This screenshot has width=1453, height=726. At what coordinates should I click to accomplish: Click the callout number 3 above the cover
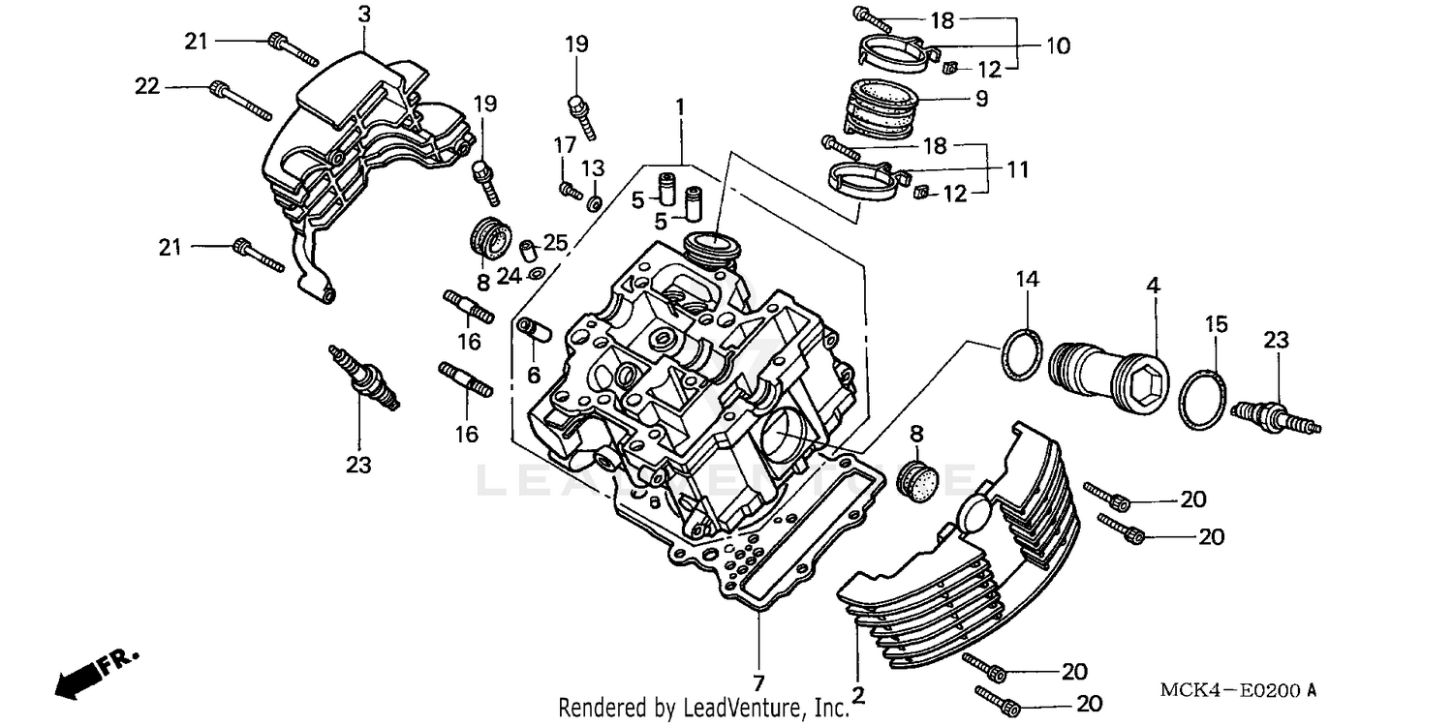[364, 14]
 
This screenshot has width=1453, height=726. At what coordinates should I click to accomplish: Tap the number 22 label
[147, 86]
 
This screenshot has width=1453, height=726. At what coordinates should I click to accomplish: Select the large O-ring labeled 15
[1203, 396]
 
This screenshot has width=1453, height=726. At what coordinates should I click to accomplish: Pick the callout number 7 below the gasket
[759, 681]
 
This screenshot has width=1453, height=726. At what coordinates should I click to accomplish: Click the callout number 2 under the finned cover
[857, 694]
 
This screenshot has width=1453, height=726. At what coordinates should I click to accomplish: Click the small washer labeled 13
[595, 201]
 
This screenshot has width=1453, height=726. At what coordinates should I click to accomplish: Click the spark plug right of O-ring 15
[1276, 417]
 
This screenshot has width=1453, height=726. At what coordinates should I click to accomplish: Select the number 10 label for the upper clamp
[1058, 45]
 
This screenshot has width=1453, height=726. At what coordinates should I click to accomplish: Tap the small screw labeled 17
[569, 191]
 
